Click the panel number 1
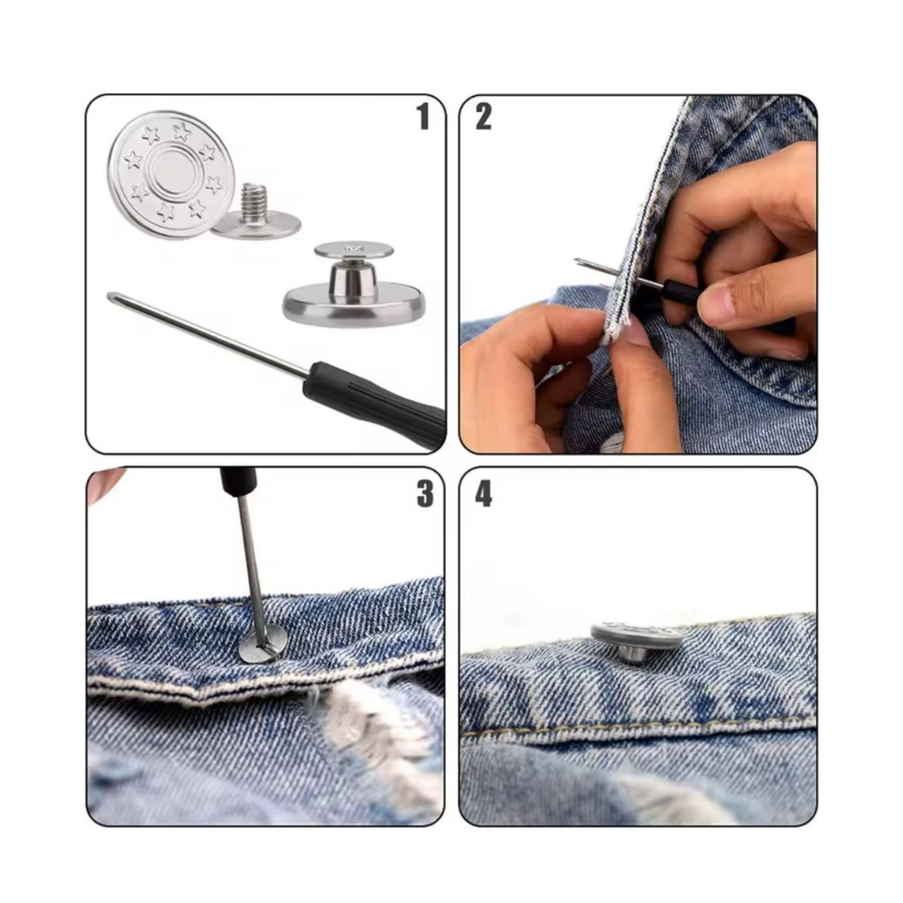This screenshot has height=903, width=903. [x=423, y=116]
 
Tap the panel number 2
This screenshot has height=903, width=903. [x=483, y=116]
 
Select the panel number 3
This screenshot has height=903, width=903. [x=425, y=494]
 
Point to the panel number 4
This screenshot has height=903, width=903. [x=483, y=494]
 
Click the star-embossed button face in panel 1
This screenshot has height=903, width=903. [x=171, y=175]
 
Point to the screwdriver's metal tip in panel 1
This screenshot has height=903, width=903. [x=111, y=296]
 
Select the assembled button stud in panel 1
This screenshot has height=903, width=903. [x=354, y=285]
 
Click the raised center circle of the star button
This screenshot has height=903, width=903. [x=171, y=174]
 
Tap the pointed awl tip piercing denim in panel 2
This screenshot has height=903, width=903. [x=578, y=262]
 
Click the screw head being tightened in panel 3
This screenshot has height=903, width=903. [x=261, y=646]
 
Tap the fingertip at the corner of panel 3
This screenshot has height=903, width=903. [x=104, y=482]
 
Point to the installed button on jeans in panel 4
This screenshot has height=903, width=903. [x=637, y=642]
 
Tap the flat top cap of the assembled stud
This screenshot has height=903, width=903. [x=354, y=250]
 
